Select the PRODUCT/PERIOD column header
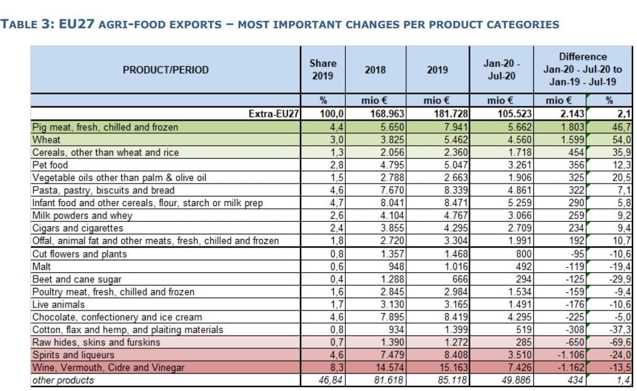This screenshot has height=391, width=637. tap(165, 70)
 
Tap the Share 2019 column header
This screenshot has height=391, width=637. tap(323, 69)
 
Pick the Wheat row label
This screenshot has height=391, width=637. tap(47, 140)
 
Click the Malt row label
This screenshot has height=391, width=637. tap(42, 267)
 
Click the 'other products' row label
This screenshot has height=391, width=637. tap(63, 380)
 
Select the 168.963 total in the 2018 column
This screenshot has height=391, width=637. tap(383, 114)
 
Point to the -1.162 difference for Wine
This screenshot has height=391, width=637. tap(568, 367)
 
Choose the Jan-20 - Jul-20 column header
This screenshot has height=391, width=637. tap(501, 69)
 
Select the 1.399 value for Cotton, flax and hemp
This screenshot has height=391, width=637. tap(450, 329)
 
